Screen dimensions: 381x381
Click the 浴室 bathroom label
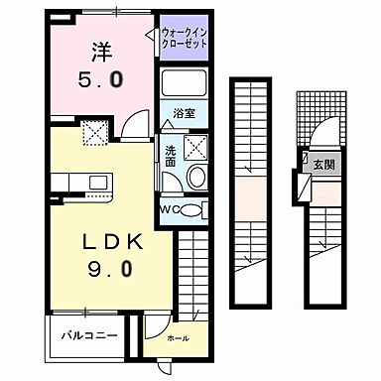183,113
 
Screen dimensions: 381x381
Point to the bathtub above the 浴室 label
184,83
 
